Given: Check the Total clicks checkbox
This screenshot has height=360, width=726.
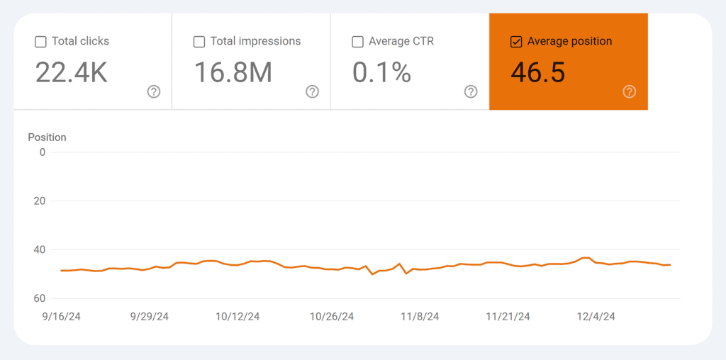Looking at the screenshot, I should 40,42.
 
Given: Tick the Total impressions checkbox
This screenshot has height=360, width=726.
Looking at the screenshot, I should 199,42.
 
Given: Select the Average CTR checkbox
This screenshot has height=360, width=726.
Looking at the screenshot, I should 358,42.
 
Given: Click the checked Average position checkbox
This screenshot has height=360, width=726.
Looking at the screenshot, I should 516,42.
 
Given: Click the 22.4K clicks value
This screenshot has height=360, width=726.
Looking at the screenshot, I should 71,72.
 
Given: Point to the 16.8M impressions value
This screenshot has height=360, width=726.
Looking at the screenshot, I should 233,72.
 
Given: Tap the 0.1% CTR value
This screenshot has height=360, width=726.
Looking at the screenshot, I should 381,72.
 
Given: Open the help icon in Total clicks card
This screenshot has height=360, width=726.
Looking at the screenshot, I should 154,91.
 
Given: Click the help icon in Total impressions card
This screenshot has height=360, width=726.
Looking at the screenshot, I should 313,91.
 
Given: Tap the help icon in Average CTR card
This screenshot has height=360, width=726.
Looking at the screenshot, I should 471,91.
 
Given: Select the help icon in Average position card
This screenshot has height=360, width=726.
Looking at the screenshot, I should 630,91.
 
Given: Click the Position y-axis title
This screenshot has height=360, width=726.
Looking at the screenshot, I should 47,137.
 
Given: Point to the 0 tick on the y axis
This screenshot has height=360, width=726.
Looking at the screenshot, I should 42,152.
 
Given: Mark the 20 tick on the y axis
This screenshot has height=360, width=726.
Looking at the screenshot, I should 39,201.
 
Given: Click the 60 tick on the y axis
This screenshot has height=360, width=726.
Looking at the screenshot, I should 39,298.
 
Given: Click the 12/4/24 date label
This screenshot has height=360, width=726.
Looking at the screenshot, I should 596,317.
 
